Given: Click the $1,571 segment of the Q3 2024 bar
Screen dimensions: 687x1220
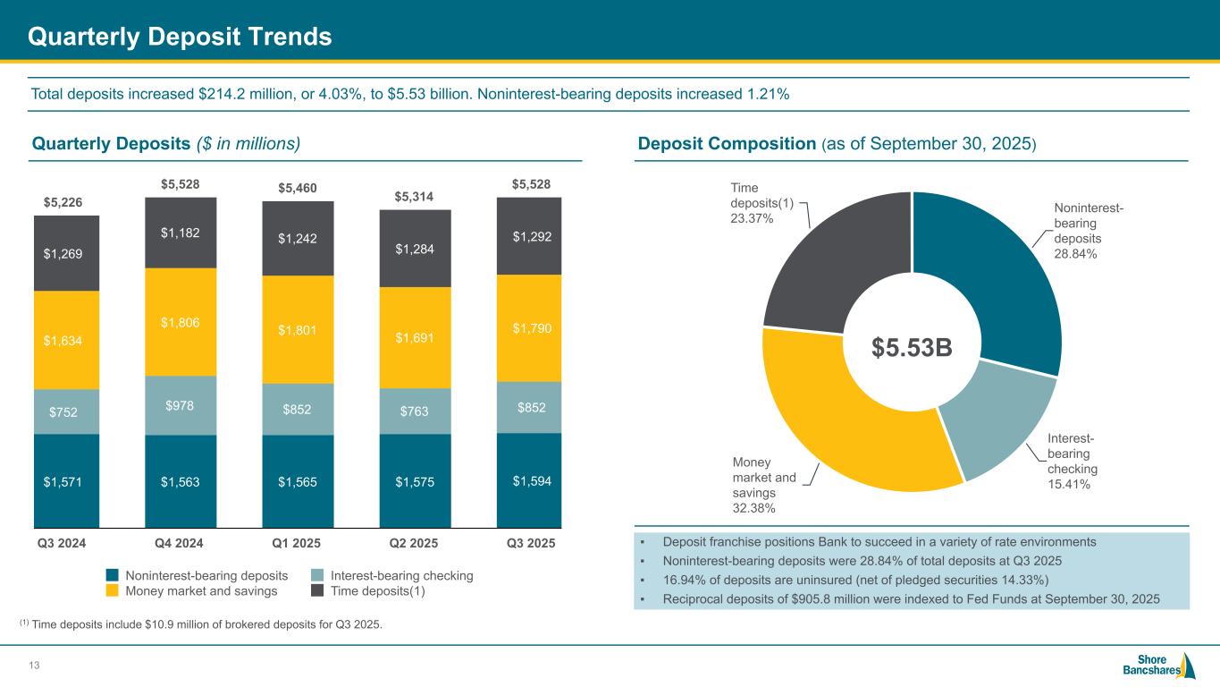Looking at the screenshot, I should pyautogui.click(x=66, y=481).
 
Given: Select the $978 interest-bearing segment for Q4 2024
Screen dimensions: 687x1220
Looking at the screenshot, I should pyautogui.click(x=181, y=405).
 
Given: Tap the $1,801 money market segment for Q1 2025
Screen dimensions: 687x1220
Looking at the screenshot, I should pyautogui.click(x=298, y=329).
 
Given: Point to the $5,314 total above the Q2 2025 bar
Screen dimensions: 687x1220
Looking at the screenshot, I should pyautogui.click(x=415, y=196).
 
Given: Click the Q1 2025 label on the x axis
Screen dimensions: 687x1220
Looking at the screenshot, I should pyautogui.click(x=298, y=544).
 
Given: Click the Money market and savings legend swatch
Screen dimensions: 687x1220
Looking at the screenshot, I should pyautogui.click(x=112, y=591).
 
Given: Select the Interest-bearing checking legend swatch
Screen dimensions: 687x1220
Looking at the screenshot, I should pyautogui.click(x=317, y=576).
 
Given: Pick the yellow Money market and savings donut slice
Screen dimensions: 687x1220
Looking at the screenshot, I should pyautogui.click(x=831, y=420).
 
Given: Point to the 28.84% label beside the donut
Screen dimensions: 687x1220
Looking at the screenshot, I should pyautogui.click(x=1076, y=254).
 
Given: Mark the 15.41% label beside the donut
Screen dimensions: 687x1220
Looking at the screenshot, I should pyautogui.click(x=1067, y=484).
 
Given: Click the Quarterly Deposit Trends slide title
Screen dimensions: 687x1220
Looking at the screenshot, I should pyautogui.click(x=180, y=36).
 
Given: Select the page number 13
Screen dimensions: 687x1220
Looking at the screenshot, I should pyautogui.click(x=36, y=664).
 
